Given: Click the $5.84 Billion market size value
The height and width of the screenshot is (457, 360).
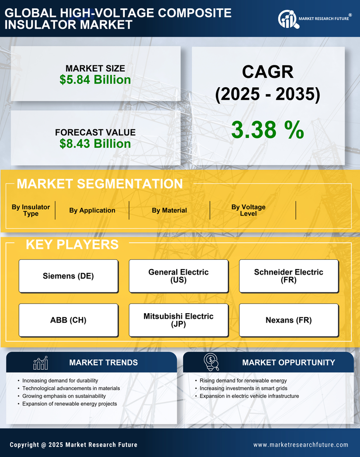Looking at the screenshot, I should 95,80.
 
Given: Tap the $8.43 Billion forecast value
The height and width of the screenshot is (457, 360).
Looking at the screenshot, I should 95,144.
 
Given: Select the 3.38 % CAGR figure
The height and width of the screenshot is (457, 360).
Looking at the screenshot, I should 267,130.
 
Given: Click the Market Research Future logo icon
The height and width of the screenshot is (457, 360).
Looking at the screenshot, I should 287,19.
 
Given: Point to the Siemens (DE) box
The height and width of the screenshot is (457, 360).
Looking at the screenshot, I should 68,276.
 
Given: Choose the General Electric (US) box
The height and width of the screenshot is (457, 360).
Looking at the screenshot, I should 178,276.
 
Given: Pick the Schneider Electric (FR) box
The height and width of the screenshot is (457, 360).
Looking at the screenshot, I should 289,276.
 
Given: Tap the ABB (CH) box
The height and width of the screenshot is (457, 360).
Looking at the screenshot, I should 68,320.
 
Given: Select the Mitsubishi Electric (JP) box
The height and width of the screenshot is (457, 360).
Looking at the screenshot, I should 178,320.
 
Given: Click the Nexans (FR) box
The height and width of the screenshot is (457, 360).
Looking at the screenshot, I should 289,320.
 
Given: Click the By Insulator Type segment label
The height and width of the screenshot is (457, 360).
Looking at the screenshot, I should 31,210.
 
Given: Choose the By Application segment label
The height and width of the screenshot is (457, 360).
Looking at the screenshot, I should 92,210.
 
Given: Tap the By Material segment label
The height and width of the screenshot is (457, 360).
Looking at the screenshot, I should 169,210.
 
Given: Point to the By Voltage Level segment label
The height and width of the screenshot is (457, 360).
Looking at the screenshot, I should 249,210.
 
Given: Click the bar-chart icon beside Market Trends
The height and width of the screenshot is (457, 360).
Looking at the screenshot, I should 41,363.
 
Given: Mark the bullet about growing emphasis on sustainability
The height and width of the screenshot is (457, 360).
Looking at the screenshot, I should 64,396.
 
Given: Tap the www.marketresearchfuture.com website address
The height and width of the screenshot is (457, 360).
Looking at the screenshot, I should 301,445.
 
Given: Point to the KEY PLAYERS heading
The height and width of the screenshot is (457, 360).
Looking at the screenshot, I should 72,244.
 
